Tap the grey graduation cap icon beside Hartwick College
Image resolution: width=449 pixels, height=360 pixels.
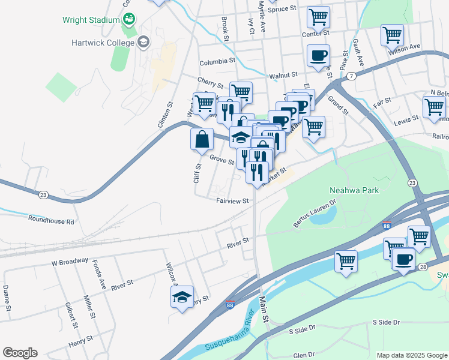[143, 41]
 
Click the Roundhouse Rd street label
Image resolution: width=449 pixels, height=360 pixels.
[51, 221]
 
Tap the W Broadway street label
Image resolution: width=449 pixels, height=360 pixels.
[70, 262]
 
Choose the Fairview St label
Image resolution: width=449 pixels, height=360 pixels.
[232, 201]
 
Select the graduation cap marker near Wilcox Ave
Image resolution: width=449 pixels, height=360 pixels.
[182, 296]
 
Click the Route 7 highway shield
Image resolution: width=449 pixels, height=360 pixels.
[351, 76]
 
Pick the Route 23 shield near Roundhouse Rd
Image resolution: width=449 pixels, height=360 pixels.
[43, 194]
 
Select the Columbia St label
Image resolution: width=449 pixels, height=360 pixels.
[217, 61]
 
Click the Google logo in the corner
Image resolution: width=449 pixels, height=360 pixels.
[20, 353]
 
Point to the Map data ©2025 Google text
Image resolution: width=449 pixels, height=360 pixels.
[411, 355]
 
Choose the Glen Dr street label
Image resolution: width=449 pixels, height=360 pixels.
[304, 355]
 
